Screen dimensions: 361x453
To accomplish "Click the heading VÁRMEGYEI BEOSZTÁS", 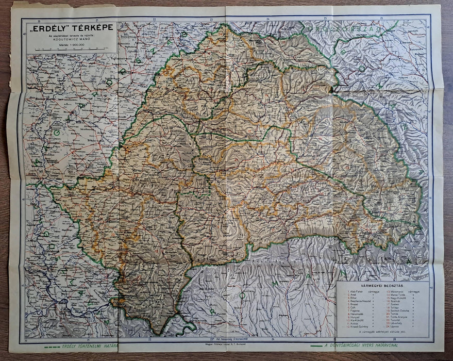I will click(382, 285).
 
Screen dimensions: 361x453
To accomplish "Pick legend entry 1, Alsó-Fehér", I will click(357, 291).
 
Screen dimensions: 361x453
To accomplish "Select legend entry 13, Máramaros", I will click(395, 291).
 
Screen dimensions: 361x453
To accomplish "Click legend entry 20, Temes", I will click(393, 315).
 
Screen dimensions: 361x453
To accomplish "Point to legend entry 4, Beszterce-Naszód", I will click(361, 302).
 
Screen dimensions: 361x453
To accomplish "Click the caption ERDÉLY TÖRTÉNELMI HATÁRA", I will click(82, 346).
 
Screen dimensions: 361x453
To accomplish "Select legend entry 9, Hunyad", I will click(356, 318).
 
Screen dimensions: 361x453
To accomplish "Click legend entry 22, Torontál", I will click(394, 321).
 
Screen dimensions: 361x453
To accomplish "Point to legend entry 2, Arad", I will click(354, 295).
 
